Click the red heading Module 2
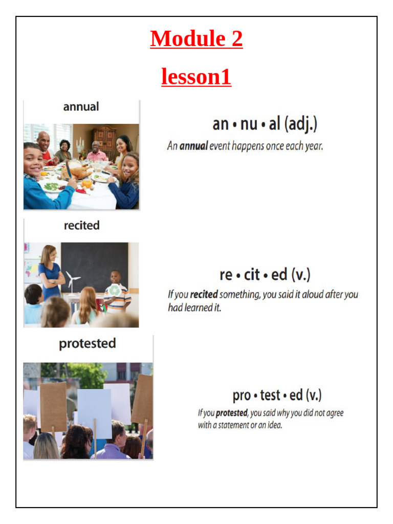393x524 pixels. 196,39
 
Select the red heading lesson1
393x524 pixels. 196,77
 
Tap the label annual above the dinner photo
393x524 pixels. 81,107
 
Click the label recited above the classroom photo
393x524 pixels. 81,226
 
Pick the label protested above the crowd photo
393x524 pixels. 87,343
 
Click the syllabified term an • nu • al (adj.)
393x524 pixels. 265,124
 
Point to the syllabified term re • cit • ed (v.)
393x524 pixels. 265,275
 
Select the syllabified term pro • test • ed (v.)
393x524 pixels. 277,396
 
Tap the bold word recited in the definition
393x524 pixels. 204,295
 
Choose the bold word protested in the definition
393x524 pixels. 232,413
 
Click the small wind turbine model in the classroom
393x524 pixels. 74,281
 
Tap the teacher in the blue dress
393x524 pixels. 51,274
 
